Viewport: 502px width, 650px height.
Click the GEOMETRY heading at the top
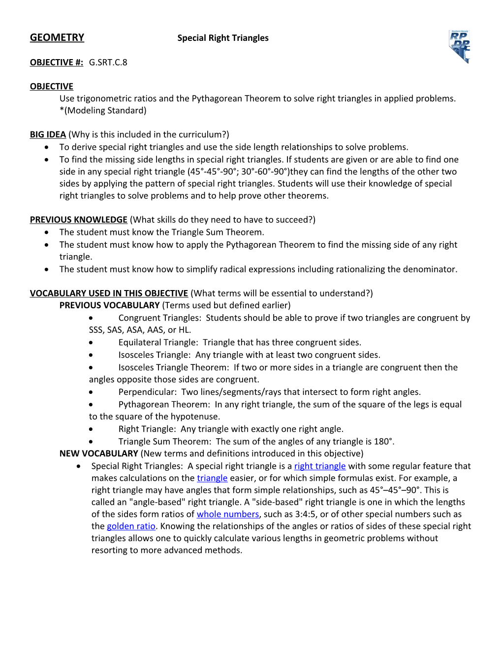[x=57, y=37]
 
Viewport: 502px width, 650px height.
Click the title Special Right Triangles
[x=223, y=38]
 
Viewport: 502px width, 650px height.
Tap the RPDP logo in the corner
[x=459, y=46]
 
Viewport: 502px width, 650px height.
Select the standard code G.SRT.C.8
[x=108, y=63]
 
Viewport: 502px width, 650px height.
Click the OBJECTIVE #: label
[x=57, y=63]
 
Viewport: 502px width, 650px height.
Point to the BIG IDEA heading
[x=48, y=134]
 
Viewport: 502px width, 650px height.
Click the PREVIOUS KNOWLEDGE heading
[x=79, y=220]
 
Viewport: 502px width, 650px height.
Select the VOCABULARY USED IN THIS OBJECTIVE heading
[x=109, y=293]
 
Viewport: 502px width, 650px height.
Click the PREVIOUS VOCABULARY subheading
[x=109, y=305]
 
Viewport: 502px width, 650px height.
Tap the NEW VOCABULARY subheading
[x=98, y=454]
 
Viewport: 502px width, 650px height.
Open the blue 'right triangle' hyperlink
[x=320, y=466]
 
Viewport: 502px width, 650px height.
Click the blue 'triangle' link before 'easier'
[x=212, y=478]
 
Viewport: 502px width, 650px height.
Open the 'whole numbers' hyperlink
[x=228, y=514]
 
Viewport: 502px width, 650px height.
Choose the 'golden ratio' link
[x=131, y=526]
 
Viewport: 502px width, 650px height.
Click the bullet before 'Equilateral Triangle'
[x=91, y=343]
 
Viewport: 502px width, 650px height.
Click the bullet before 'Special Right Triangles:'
[x=79, y=466]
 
